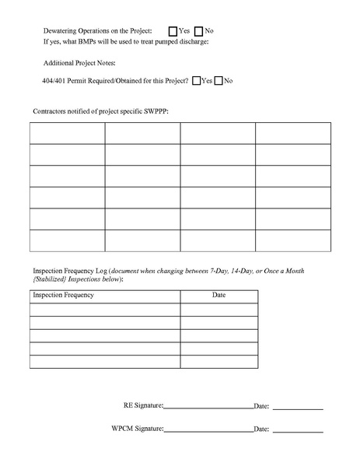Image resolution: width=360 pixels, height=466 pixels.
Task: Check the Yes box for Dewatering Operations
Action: [x=173, y=30]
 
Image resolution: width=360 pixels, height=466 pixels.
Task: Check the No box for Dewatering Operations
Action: [x=198, y=30]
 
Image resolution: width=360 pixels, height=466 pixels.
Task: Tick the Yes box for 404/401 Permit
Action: [x=195, y=80]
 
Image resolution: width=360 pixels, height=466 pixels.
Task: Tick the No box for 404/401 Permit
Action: [x=218, y=80]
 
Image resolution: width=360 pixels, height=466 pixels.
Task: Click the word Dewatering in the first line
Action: [x=65, y=30]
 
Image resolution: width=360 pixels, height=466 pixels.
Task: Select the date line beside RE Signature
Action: [x=297, y=406]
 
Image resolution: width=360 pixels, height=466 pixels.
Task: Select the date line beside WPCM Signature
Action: [x=297, y=429]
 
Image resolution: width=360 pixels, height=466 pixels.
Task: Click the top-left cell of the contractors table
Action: [x=68, y=133]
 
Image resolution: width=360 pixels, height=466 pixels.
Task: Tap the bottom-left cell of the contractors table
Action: [x=68, y=240]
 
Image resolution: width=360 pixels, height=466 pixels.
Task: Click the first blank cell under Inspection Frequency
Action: [x=105, y=309]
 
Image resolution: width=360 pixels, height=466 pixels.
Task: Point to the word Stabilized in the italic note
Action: [x=52, y=278]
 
